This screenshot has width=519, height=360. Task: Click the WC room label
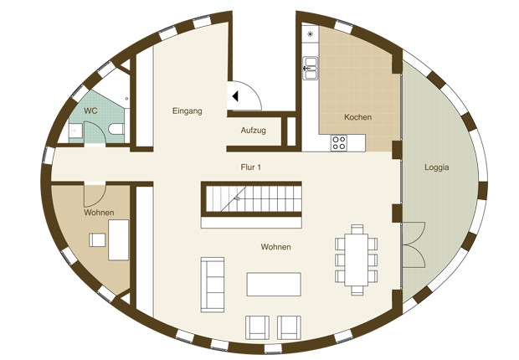[x=90, y=111]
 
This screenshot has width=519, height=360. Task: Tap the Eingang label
[x=187, y=111]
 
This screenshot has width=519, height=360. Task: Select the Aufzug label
[x=253, y=131]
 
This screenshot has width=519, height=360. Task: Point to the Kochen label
[x=357, y=117]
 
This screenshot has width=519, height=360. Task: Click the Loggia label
[x=437, y=167]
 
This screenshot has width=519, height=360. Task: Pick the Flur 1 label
[x=250, y=167]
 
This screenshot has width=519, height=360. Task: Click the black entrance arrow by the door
[x=235, y=96]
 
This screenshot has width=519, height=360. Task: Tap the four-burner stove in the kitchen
[x=339, y=143]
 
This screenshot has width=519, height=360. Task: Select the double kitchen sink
[x=310, y=68]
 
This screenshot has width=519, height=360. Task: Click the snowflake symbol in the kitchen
[x=310, y=33]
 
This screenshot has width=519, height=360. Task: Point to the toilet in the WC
[x=116, y=129]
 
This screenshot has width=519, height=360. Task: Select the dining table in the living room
[x=356, y=260]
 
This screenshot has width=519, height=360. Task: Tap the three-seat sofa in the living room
[x=213, y=285]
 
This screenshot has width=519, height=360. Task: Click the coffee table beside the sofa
[x=274, y=284]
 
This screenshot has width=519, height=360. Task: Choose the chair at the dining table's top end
[x=357, y=229]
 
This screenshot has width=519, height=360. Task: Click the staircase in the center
[x=252, y=198]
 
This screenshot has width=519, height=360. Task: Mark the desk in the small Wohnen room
[x=119, y=239]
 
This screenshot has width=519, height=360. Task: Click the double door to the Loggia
[x=414, y=244]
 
